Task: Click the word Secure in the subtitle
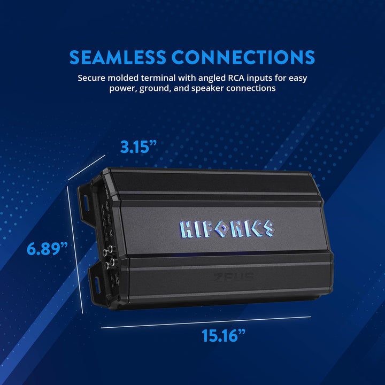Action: click(x=92, y=78)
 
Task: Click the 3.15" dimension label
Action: click(x=137, y=147)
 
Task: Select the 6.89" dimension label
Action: click(x=48, y=249)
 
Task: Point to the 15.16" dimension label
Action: click(x=224, y=335)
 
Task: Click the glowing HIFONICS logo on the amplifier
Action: click(x=227, y=228)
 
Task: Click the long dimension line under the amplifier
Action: click(x=206, y=322)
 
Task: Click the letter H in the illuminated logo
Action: click(x=188, y=229)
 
